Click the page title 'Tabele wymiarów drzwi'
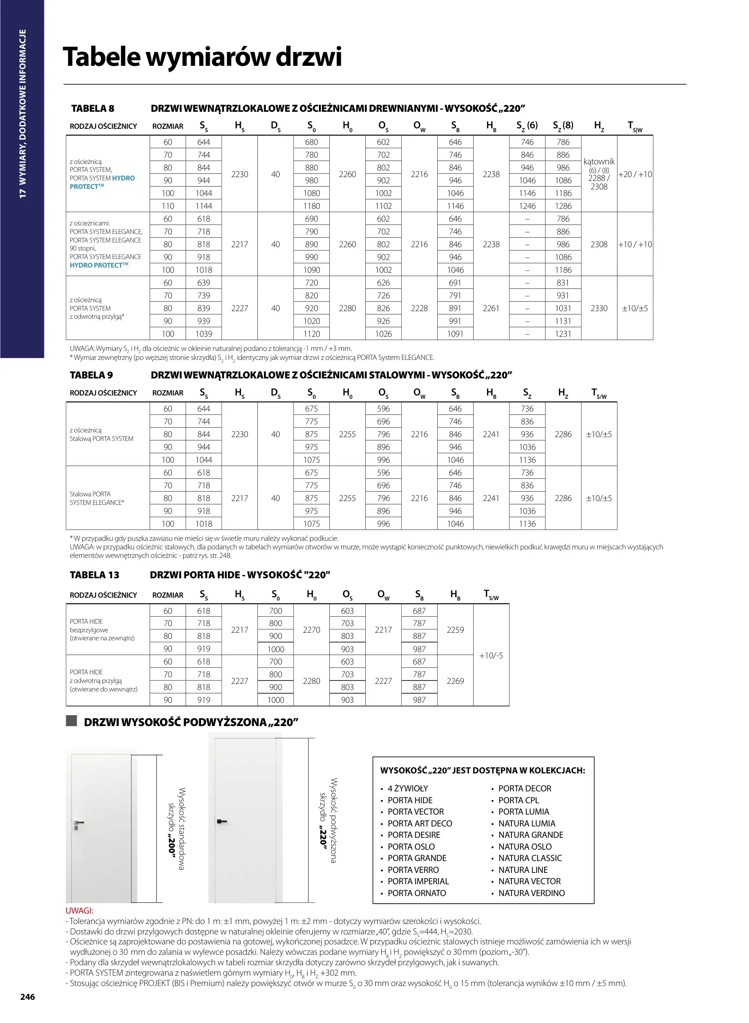pyautogui.click(x=202, y=57)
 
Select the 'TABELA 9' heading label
pyautogui.click(x=91, y=375)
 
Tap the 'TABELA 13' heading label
pyautogui.click(x=94, y=575)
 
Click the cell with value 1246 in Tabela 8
pyautogui.click(x=527, y=206)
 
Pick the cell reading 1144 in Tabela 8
pyautogui.click(x=203, y=206)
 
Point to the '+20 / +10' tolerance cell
pyautogui.click(x=635, y=174)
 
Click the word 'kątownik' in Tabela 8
pyautogui.click(x=599, y=162)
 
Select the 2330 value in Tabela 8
pyautogui.click(x=599, y=308)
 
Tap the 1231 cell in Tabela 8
pyautogui.click(x=563, y=334)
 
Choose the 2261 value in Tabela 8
pyautogui.click(x=491, y=308)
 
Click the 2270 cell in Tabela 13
pyautogui.click(x=311, y=630)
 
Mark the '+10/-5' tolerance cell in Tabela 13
pyautogui.click(x=491, y=655)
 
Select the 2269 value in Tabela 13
pyautogui.click(x=455, y=681)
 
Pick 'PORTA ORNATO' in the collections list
pyautogui.click(x=416, y=893)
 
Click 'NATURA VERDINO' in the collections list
pyautogui.click(x=531, y=893)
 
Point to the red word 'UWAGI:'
pyautogui.click(x=79, y=911)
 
